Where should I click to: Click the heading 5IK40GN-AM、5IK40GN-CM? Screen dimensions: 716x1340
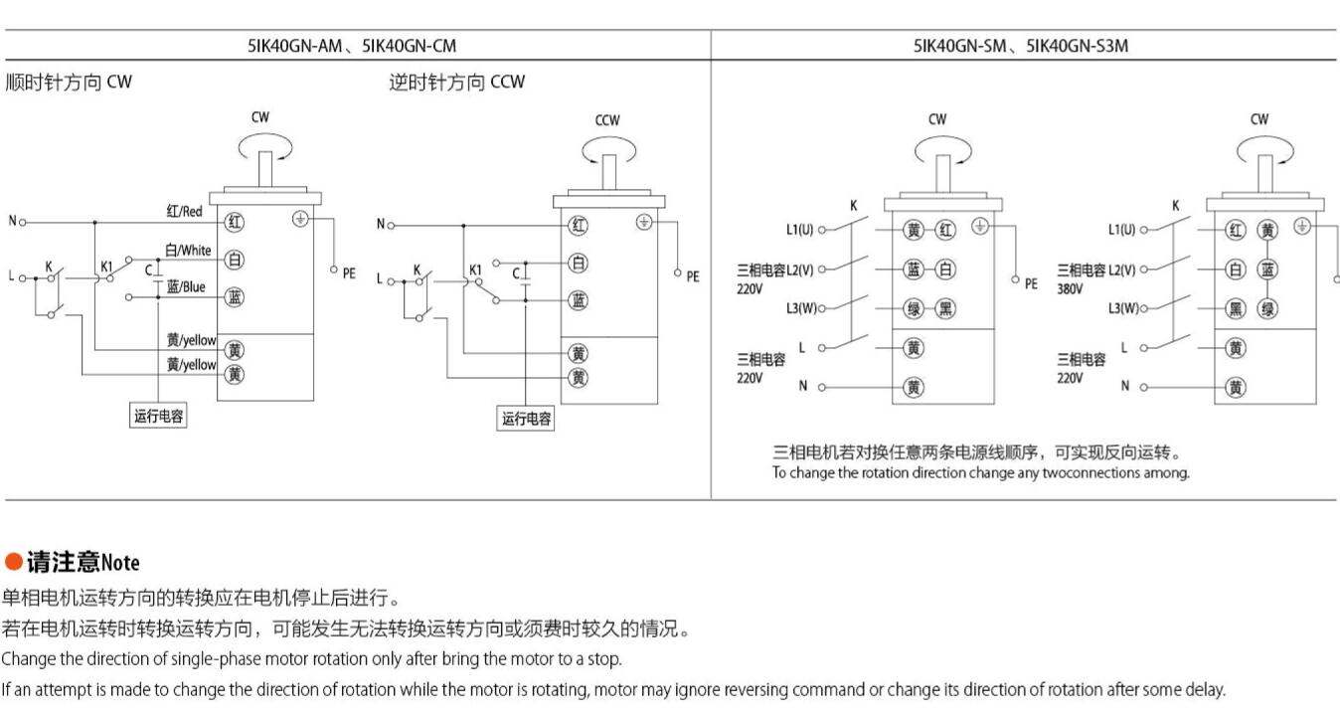pos(352,46)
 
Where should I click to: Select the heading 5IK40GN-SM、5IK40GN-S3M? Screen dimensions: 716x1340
pos(1021,46)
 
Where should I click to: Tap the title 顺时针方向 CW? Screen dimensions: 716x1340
pos(69,83)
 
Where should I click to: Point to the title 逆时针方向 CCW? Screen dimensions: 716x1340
pos(456,83)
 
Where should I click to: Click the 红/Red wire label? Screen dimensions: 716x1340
pos(184,212)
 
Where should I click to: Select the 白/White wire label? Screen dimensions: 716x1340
pos(188,251)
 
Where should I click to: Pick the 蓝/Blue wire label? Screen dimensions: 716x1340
pos(186,287)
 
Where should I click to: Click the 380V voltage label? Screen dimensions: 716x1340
pos(1070,288)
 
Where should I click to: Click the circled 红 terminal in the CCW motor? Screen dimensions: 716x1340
pos(578,226)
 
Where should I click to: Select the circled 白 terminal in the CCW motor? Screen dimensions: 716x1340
pos(578,264)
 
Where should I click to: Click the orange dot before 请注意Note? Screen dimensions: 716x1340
pos(13,563)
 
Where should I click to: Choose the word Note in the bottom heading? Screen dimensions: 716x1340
pos(120,564)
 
